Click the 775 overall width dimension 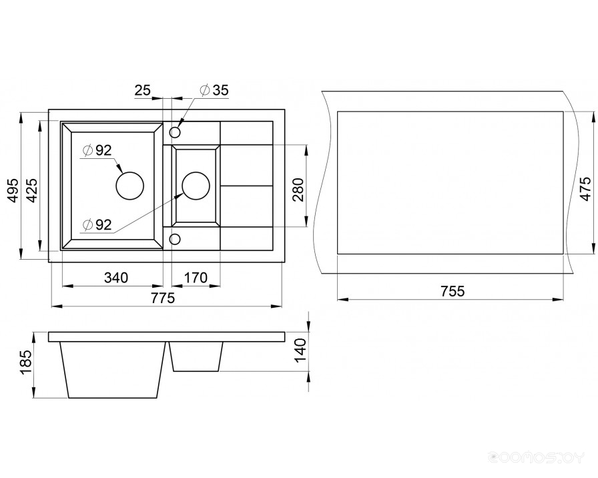click(x=163, y=298)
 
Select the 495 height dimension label click(x=14, y=190)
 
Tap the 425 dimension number click(x=32, y=190)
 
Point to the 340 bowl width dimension click(x=116, y=278)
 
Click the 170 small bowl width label click(x=196, y=278)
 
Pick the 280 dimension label click(x=298, y=190)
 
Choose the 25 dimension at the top click(x=143, y=90)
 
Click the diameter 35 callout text click(x=214, y=90)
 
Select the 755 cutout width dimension click(x=453, y=292)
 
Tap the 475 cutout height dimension click(x=585, y=188)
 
